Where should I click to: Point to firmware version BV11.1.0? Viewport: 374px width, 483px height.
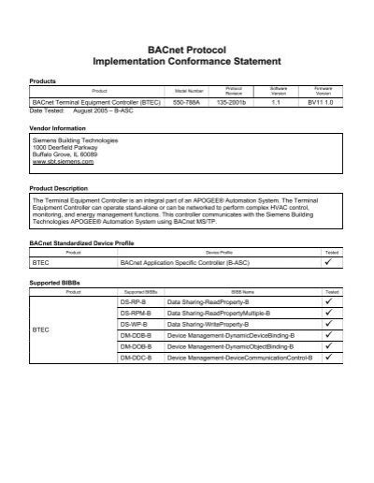point(321,100)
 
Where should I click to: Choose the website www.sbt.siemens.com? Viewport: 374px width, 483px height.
point(61,161)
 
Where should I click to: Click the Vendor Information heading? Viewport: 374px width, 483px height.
point(58,126)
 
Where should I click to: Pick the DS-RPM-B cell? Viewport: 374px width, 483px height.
point(136,317)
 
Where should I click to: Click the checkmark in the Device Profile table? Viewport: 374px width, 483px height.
point(329,264)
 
